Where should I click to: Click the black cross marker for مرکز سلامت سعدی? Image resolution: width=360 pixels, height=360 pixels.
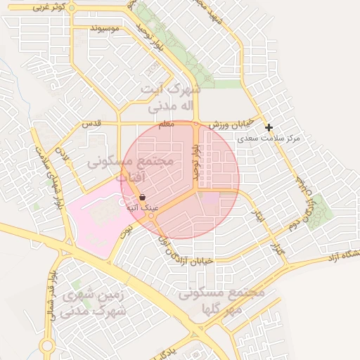click(x=269, y=127)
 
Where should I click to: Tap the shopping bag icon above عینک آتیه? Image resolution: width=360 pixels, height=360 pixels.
click(x=143, y=198)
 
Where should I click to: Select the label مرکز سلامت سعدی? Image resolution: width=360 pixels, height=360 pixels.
click(x=269, y=139)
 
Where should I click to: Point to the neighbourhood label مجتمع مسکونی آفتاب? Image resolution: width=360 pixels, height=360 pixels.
click(x=131, y=169)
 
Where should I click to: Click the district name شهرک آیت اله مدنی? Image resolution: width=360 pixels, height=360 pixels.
click(x=170, y=97)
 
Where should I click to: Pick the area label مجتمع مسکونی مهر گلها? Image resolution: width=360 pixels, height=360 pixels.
click(x=221, y=301)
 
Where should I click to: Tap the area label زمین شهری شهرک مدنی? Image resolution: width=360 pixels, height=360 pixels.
click(x=94, y=303)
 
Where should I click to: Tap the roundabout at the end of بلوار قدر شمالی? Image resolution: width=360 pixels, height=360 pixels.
click(x=47, y=346)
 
